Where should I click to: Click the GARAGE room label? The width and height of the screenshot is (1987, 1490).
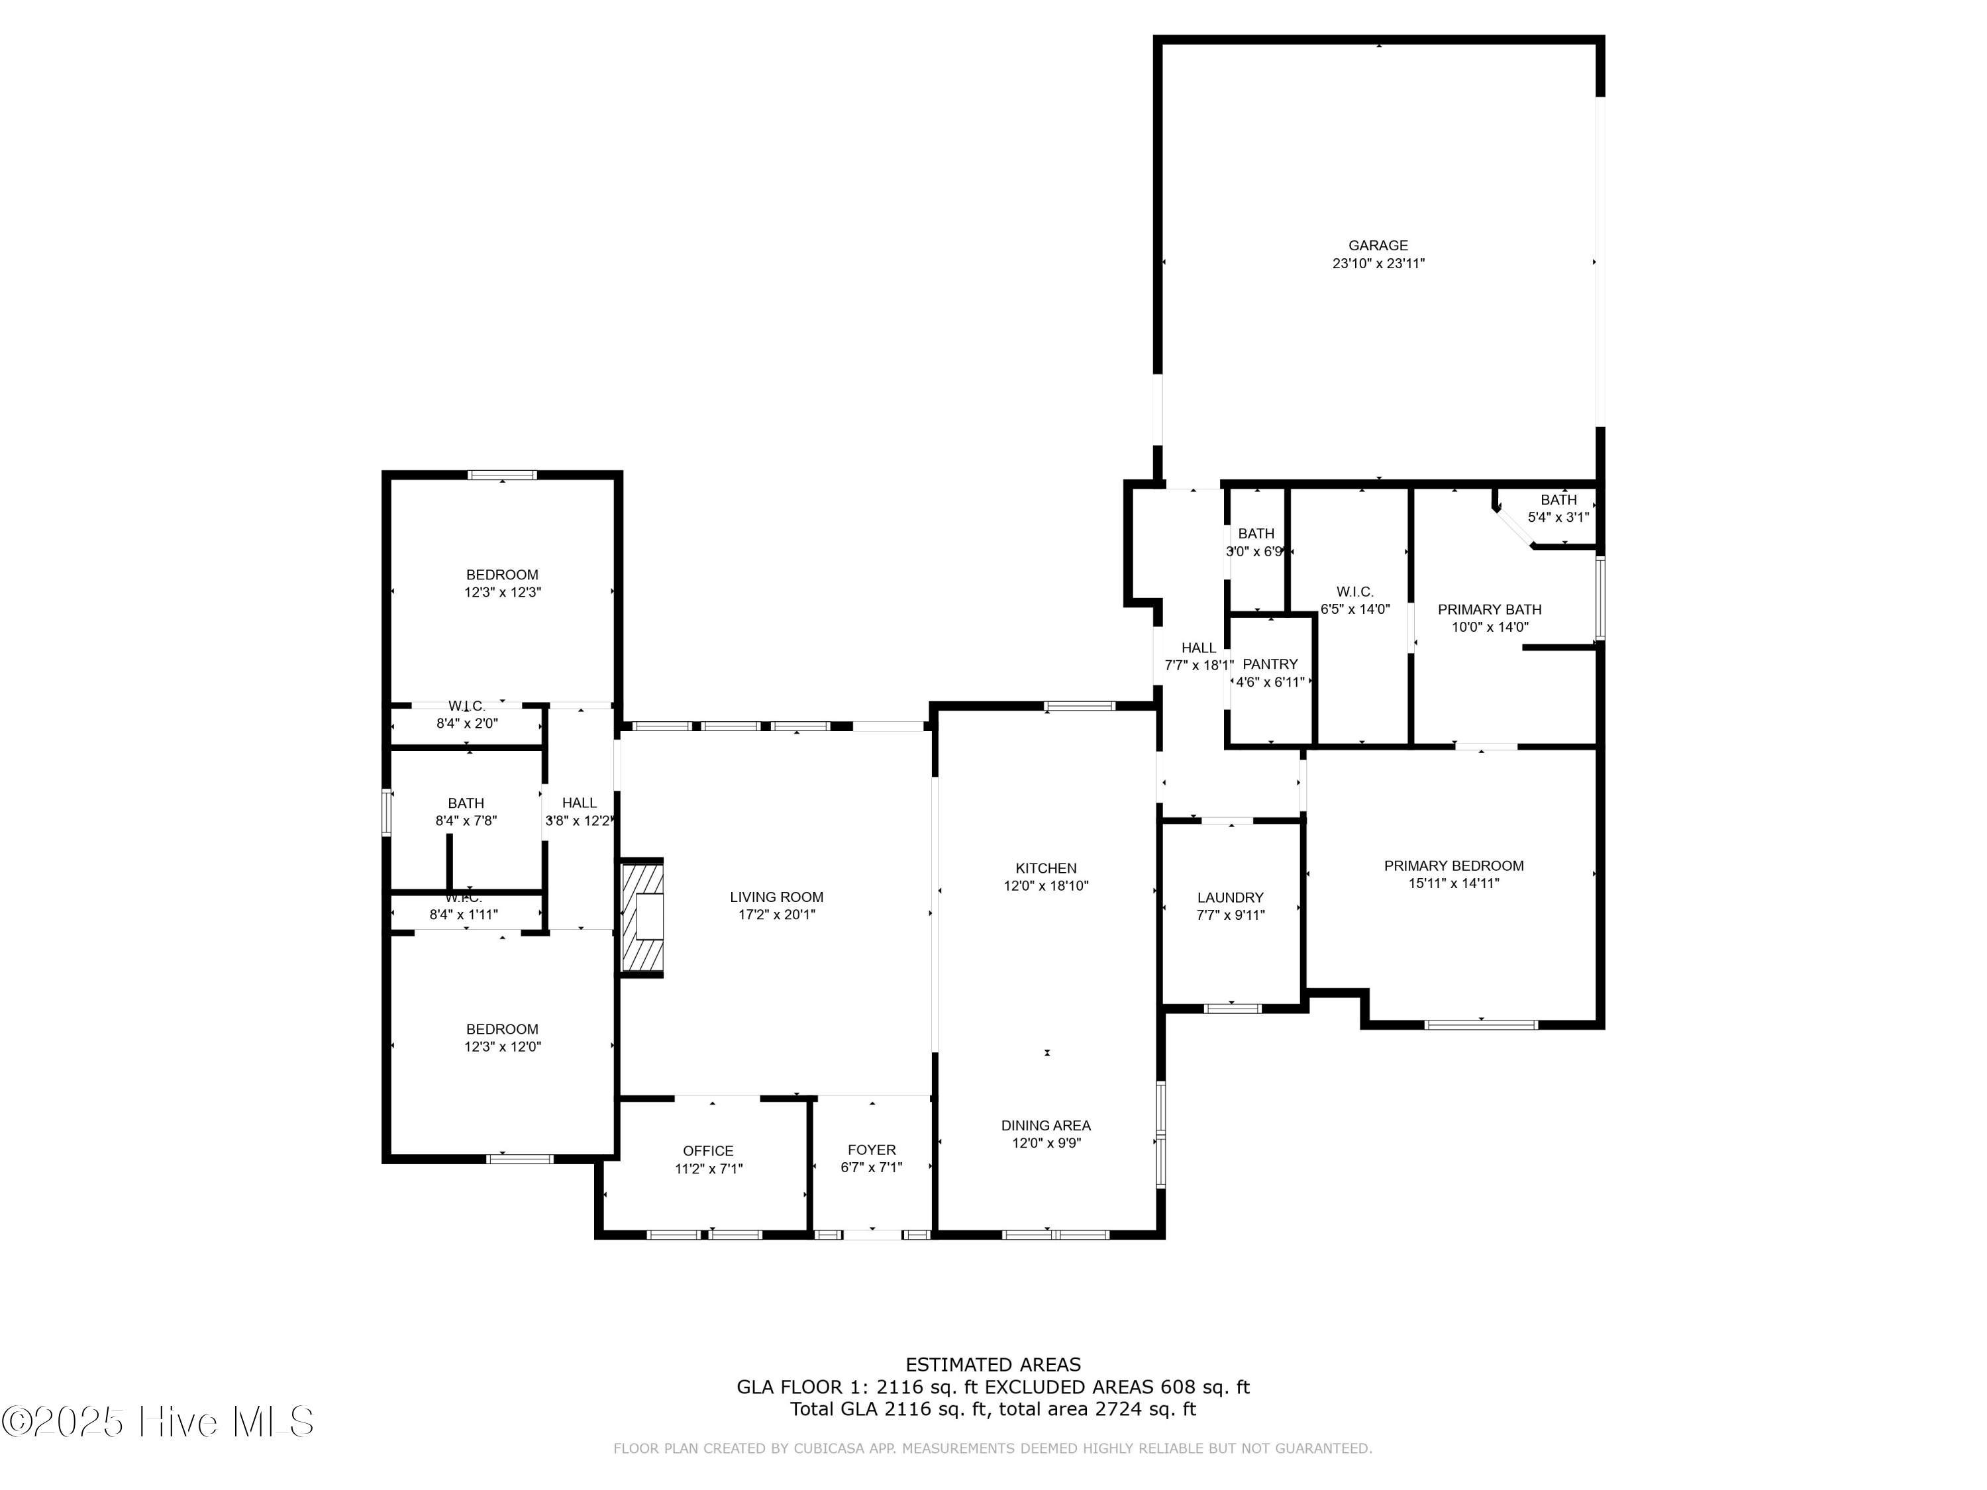[1378, 245]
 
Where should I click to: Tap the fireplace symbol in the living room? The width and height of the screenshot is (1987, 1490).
[643, 917]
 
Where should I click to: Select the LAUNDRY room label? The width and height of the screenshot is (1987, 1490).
[1230, 897]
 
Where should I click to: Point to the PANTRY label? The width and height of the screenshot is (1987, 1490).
[1270, 664]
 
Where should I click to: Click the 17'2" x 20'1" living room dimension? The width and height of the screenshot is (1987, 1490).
[776, 915]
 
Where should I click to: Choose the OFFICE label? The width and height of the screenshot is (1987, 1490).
[708, 1150]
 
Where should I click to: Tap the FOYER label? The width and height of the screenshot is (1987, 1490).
[872, 1150]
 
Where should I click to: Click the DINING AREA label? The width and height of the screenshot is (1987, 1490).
[1046, 1125]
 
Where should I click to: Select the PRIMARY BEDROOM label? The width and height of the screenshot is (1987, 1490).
[1453, 866]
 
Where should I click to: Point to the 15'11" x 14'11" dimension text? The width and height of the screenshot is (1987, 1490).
[1453, 883]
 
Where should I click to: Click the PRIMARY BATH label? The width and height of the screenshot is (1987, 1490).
[1490, 609]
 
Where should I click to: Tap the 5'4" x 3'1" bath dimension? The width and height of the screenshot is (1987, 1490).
[1558, 517]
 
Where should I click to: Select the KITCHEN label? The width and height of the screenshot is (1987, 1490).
[1046, 868]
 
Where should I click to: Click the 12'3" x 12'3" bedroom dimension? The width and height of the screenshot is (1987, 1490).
[502, 592]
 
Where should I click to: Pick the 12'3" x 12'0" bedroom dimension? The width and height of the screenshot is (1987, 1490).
[502, 1046]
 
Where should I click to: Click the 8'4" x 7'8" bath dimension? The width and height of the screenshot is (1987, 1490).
[466, 820]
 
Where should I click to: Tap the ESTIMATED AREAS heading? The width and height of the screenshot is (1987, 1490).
[993, 1365]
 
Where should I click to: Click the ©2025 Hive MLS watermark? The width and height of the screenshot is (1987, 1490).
[158, 1422]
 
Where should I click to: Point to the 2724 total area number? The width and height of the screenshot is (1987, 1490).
[1117, 1409]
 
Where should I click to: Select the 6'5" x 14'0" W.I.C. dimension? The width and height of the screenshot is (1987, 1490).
[1354, 609]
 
